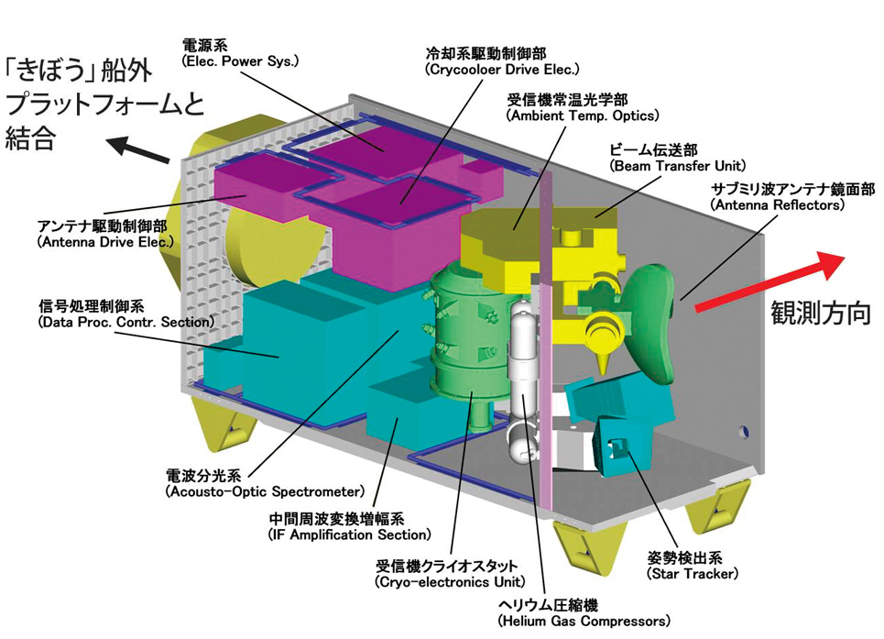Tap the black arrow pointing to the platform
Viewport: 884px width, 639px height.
click(x=138, y=149)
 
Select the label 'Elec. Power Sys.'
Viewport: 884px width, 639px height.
click(x=240, y=61)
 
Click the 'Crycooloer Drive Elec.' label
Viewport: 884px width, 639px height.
click(x=502, y=70)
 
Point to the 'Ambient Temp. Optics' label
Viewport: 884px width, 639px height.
click(x=583, y=116)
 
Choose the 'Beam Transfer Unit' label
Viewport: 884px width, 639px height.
click(x=677, y=166)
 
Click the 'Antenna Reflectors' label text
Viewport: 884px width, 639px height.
click(x=778, y=204)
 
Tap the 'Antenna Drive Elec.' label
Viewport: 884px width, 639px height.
click(x=105, y=242)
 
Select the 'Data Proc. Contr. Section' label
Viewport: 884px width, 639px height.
click(x=126, y=322)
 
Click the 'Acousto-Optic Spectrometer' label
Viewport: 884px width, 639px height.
click(x=265, y=491)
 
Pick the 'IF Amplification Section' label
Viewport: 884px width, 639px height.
click(x=350, y=534)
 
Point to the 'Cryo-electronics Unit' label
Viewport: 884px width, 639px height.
click(x=450, y=581)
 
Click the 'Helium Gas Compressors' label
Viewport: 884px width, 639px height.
click(x=584, y=621)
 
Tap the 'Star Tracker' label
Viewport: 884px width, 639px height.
click(x=693, y=574)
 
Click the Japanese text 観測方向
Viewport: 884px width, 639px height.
click(x=821, y=312)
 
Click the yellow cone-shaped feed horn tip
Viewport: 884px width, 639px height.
click(x=603, y=363)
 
